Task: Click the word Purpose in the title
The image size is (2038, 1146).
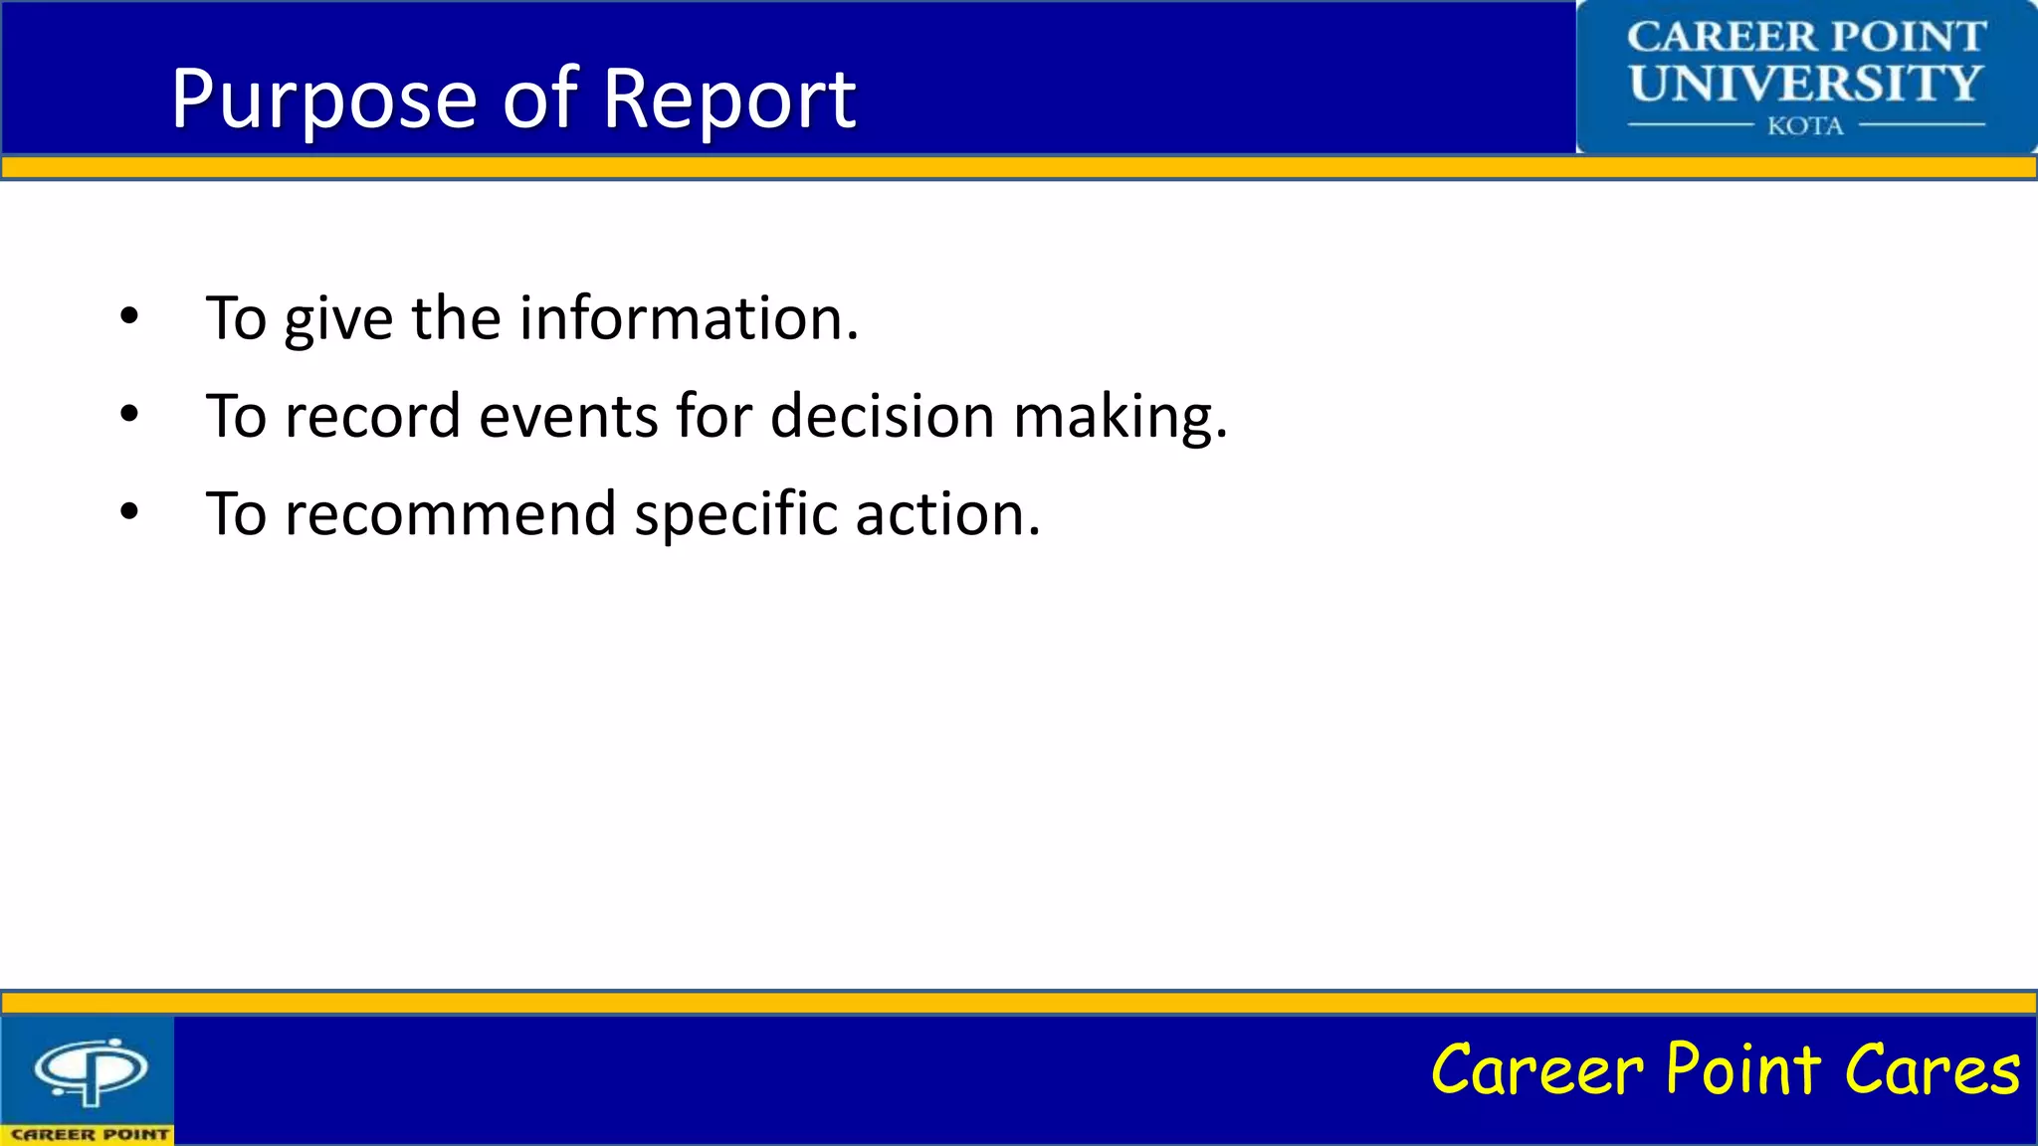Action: pos(323,99)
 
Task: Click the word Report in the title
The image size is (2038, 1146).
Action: pos(728,99)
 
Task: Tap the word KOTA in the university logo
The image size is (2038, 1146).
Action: pos(1805,126)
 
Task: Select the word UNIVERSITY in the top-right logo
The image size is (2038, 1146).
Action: pos(1805,84)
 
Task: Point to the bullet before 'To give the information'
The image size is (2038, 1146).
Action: pos(129,317)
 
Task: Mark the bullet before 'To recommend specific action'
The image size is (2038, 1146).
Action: pos(129,512)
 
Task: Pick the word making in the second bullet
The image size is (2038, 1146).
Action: pos(1120,417)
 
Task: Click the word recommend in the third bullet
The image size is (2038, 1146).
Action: pos(450,514)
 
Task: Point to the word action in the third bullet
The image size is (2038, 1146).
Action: pos(947,514)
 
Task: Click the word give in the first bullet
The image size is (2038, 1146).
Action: pos(338,320)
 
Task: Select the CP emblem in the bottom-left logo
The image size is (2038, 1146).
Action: pos(91,1070)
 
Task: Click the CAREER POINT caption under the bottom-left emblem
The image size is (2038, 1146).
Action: pos(89,1134)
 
